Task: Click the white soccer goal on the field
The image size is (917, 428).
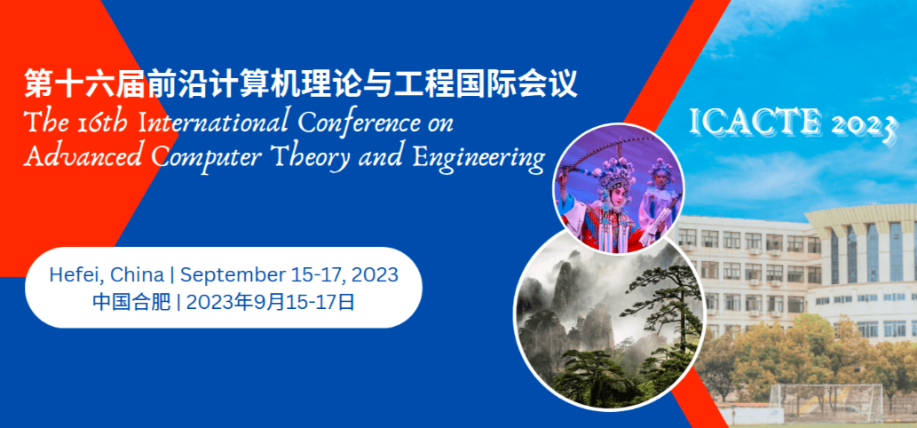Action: (x=826, y=403)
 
